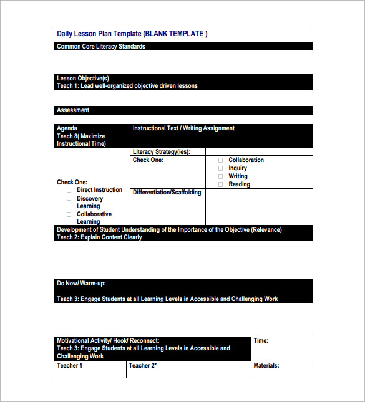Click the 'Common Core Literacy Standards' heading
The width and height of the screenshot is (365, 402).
point(101,47)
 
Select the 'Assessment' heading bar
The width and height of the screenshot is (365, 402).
point(73,110)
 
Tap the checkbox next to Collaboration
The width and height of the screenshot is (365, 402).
point(220,160)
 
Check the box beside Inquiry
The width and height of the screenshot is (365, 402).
point(220,168)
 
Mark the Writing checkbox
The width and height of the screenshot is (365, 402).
point(220,176)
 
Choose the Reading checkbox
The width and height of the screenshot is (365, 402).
point(220,184)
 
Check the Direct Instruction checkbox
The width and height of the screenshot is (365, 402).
point(69,190)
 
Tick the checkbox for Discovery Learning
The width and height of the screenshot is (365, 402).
point(69,198)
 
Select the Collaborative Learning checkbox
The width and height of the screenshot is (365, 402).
point(69,214)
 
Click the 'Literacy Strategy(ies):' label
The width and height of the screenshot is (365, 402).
point(161,151)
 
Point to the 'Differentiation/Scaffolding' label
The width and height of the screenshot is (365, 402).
point(167,193)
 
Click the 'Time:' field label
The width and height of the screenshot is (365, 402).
point(261,341)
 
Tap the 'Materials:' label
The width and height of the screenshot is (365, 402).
point(266,366)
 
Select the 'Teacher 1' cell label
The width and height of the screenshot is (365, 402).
point(69,366)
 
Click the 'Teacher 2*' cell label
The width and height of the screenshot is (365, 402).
point(142,366)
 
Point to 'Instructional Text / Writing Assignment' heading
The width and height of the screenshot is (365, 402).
point(183,128)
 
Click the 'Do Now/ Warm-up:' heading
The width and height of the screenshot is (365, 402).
point(81,284)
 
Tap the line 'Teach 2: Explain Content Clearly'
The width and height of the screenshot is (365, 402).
point(99,237)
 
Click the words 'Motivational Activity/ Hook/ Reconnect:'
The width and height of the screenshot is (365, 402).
point(108,341)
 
